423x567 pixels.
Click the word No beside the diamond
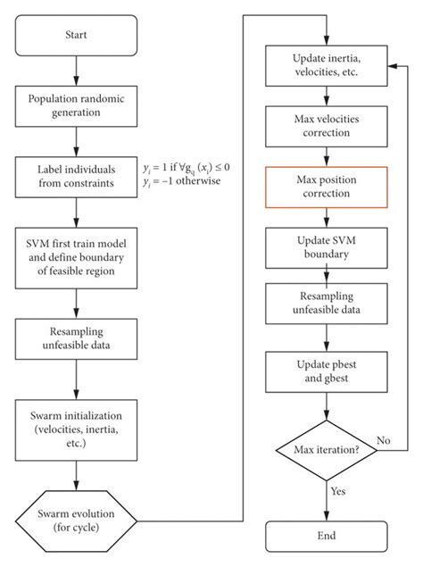pos(383,441)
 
